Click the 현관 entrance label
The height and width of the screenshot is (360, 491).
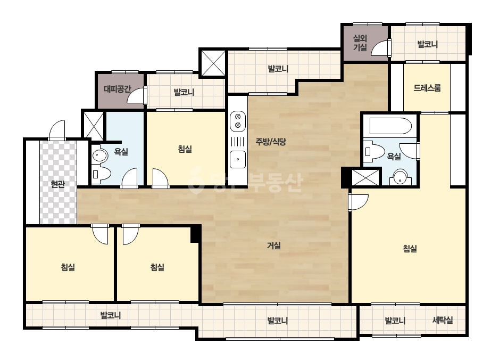(58, 184)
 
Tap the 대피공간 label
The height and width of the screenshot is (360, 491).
(118, 89)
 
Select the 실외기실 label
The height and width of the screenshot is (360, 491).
(360, 43)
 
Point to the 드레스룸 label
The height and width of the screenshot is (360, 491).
(427, 88)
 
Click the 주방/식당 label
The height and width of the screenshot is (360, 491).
(271, 142)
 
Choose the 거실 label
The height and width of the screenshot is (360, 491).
(273, 246)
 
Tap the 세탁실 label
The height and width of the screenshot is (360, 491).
(443, 320)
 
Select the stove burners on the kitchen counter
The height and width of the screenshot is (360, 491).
(238, 121)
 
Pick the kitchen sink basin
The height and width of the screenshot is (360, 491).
(238, 159)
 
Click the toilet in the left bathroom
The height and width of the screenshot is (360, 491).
(102, 174)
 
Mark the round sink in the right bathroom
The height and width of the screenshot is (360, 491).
(400, 177)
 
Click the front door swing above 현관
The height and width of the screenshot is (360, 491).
(57, 129)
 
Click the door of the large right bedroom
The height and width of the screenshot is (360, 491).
(358, 202)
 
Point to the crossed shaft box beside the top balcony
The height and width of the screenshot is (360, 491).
(213, 64)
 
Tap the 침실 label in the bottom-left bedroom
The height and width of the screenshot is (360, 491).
(68, 267)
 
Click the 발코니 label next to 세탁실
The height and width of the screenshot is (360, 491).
(395, 321)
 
